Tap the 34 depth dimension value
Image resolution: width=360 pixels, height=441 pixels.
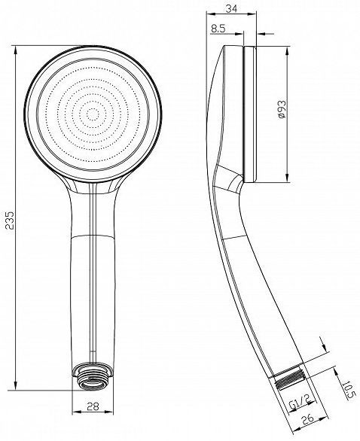232,9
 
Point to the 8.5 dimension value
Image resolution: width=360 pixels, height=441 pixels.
218,29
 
